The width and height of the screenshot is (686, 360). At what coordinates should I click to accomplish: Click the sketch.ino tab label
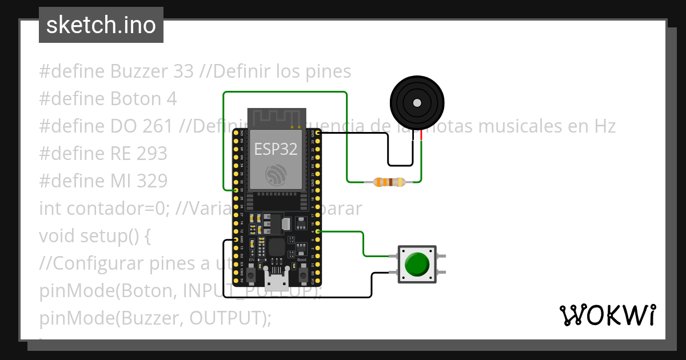tap(101, 25)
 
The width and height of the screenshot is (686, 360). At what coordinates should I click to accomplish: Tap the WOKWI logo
tap(607, 315)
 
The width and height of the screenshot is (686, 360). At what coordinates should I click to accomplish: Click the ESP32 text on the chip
tap(276, 149)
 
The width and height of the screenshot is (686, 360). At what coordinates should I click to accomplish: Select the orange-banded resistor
tap(389, 182)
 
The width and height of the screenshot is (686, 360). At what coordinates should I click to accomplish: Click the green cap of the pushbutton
tap(417, 264)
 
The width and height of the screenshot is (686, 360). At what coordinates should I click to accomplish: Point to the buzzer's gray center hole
tap(417, 103)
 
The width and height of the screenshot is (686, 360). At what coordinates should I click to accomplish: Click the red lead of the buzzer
tap(422, 135)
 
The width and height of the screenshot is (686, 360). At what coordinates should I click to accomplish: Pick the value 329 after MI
tap(152, 181)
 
